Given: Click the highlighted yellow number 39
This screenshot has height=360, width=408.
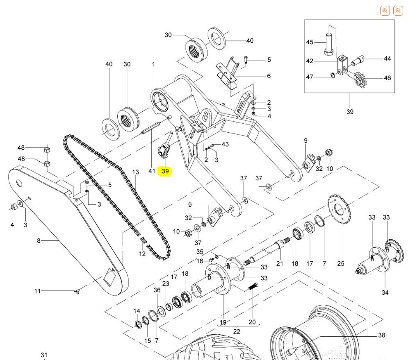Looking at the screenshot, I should click(165, 171).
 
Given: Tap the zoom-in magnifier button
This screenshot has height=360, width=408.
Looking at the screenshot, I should click(385, 11).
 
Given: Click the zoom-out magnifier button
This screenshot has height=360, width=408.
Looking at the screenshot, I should click(398, 11).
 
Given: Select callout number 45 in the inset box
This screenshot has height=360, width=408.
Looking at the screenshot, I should click(310, 42).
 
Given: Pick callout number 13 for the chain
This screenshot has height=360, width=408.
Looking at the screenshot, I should click(135, 172).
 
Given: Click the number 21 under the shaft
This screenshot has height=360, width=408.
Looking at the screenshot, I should click(280, 263).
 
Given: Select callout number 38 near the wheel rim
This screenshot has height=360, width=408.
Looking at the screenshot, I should click(381, 335).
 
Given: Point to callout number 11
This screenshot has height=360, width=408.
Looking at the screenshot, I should click(37, 291).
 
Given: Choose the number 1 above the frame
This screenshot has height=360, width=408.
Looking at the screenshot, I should click(154, 64).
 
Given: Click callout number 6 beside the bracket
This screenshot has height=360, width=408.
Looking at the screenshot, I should click(269, 76).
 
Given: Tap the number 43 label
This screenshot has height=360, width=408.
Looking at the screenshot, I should click(225, 144).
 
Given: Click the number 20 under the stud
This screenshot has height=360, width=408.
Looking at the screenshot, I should click(252, 322).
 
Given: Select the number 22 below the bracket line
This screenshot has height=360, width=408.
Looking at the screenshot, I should click(237, 331).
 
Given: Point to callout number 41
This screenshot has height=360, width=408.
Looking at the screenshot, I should click(152, 171).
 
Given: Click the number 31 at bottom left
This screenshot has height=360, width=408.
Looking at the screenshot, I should click(44, 355).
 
